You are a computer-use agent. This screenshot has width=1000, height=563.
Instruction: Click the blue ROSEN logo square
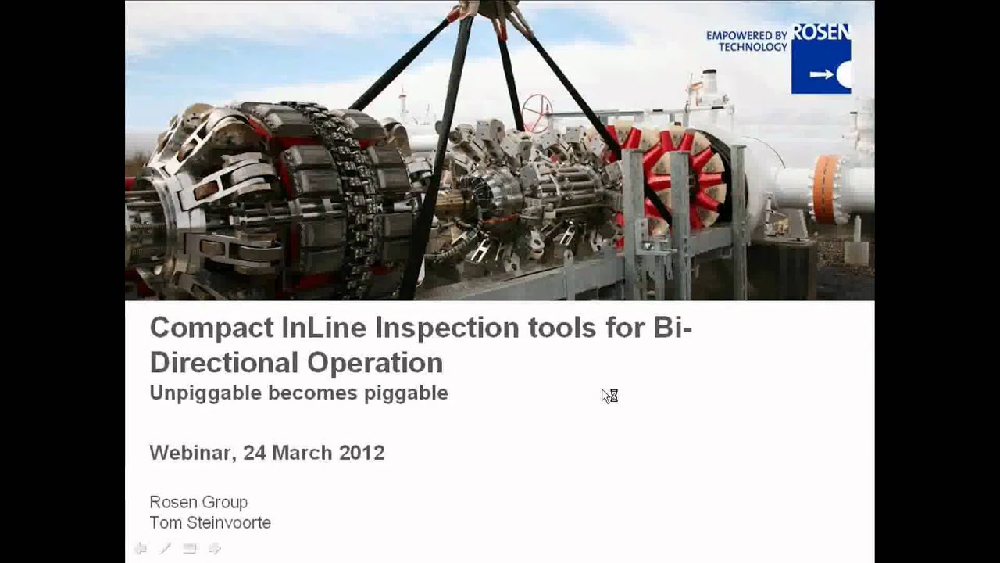[820, 59]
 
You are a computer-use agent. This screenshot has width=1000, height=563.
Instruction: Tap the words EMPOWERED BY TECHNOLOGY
[747, 41]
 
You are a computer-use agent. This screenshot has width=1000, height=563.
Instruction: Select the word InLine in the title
[323, 327]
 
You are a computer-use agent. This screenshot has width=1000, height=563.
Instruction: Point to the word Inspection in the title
[447, 327]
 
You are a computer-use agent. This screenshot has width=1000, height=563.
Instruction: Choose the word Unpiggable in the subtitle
[205, 393]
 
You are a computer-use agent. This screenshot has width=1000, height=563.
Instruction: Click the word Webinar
[192, 453]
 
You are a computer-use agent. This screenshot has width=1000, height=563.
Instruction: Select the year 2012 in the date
[362, 453]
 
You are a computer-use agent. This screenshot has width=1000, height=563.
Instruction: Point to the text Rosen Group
[198, 502]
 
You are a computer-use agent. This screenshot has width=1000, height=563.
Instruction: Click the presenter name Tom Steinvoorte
[210, 522]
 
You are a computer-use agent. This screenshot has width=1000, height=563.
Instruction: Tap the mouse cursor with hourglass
[609, 396]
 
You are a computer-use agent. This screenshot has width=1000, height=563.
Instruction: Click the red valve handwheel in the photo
[537, 113]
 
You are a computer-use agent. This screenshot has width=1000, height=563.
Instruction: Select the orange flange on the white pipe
[826, 188]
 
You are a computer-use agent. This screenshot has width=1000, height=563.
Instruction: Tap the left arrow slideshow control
[141, 548]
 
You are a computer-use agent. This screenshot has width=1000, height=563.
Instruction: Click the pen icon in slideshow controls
[165, 548]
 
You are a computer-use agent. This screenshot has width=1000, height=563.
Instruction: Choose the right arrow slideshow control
[215, 548]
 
